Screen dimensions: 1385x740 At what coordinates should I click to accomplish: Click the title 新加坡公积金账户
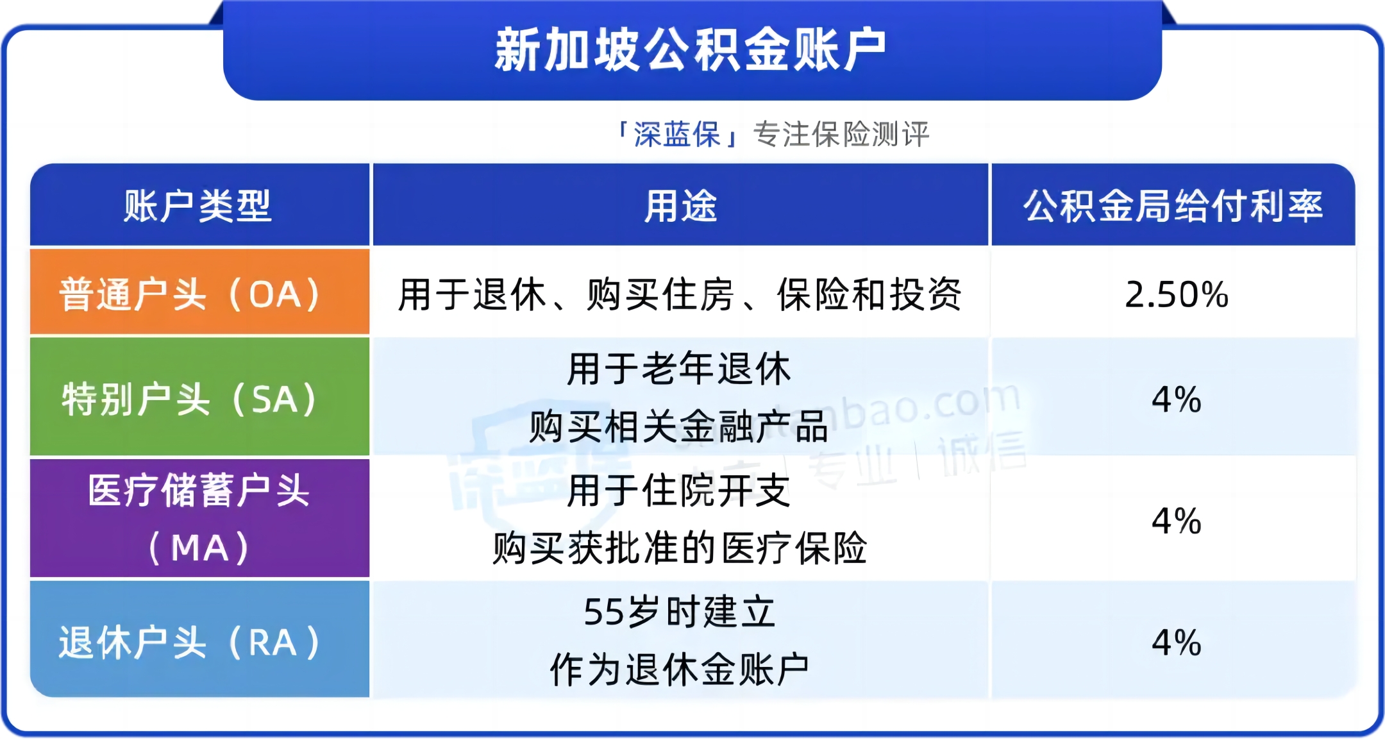(691, 50)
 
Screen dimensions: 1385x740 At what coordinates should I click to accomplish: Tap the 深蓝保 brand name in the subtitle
(677, 135)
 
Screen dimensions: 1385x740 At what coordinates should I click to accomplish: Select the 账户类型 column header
(198, 206)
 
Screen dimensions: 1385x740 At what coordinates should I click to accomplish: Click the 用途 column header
(680, 206)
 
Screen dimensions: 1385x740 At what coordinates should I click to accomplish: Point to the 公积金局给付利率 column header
(1173, 206)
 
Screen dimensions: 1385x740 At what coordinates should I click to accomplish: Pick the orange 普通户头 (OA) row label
(190, 294)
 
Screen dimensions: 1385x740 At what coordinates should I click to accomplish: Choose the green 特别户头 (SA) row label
(190, 399)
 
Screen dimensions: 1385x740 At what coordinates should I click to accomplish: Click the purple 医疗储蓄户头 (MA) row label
(199, 519)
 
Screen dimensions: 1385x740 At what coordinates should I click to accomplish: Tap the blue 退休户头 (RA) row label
(190, 642)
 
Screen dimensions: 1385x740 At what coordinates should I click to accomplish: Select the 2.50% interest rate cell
(1177, 295)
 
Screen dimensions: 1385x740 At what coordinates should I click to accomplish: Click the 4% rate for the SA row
(1177, 399)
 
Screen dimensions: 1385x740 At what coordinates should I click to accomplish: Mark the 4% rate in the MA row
(1177, 521)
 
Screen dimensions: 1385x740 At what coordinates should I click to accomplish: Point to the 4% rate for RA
(1177, 643)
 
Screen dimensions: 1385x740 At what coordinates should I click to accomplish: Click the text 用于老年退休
(679, 369)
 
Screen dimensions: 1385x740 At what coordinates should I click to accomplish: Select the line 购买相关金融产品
(679, 426)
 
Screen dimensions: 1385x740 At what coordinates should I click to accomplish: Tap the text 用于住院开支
(679, 491)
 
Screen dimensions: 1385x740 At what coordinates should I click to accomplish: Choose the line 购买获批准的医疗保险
(680, 548)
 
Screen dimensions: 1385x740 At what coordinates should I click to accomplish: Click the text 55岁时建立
(680, 612)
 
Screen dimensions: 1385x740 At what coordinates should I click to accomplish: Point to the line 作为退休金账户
(680, 669)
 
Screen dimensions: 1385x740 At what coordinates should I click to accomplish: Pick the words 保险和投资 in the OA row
(869, 295)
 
